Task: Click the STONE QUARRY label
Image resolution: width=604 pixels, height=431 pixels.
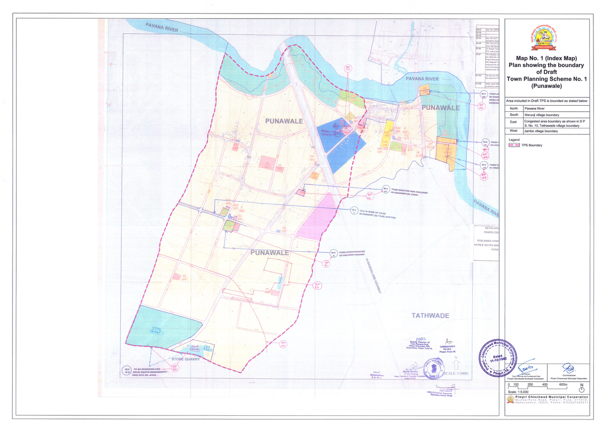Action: click(x=186, y=359)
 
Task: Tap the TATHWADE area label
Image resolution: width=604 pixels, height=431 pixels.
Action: click(x=430, y=316)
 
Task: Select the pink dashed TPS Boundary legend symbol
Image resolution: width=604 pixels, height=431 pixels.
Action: click(x=514, y=145)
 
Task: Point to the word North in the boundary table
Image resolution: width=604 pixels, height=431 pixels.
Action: click(x=513, y=108)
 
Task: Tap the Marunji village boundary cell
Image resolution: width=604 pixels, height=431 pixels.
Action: click(x=547, y=115)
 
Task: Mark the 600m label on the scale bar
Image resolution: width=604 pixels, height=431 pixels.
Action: click(x=562, y=385)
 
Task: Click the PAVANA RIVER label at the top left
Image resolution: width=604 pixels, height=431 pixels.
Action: click(x=162, y=27)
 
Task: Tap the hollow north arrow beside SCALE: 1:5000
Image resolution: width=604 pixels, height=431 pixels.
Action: click(x=456, y=366)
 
